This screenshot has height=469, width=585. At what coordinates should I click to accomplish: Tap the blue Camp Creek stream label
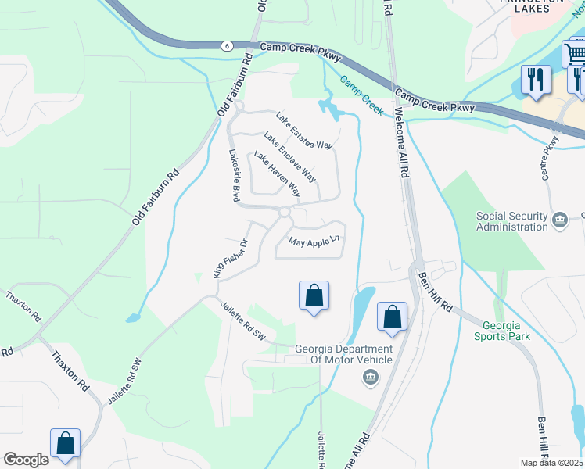pyautogui.click(x=361, y=95)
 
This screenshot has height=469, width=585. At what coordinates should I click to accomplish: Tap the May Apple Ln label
pyautogui.click(x=317, y=242)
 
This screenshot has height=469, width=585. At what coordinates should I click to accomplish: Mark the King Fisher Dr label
pyautogui.click(x=231, y=259)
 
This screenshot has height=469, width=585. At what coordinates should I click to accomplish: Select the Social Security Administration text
pyautogui.click(x=512, y=221)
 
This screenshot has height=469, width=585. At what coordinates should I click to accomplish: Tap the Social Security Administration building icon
pyautogui.click(x=560, y=220)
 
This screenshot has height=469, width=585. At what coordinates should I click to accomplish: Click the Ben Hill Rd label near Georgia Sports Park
pyautogui.click(x=434, y=291)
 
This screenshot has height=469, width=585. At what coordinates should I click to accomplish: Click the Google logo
pyautogui.click(x=26, y=460)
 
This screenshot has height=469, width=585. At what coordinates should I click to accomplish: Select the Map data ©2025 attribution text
pyautogui.click(x=551, y=463)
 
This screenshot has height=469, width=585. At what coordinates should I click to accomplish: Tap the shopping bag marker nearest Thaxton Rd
pyautogui.click(x=66, y=443)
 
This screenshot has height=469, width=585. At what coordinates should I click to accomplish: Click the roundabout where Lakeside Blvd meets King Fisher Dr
pyautogui.click(x=284, y=212)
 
